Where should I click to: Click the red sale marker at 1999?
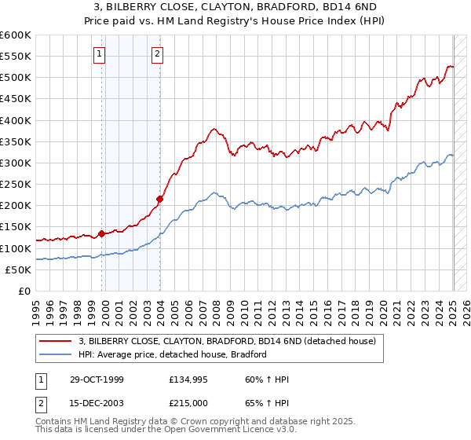[101, 233]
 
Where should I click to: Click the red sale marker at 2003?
[159, 199]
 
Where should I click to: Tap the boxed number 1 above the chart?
[100, 53]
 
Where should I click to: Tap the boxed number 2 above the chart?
[157, 53]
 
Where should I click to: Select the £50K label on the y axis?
[18, 269]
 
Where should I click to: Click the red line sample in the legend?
[56, 341]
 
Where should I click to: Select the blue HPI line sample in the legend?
[56, 354]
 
